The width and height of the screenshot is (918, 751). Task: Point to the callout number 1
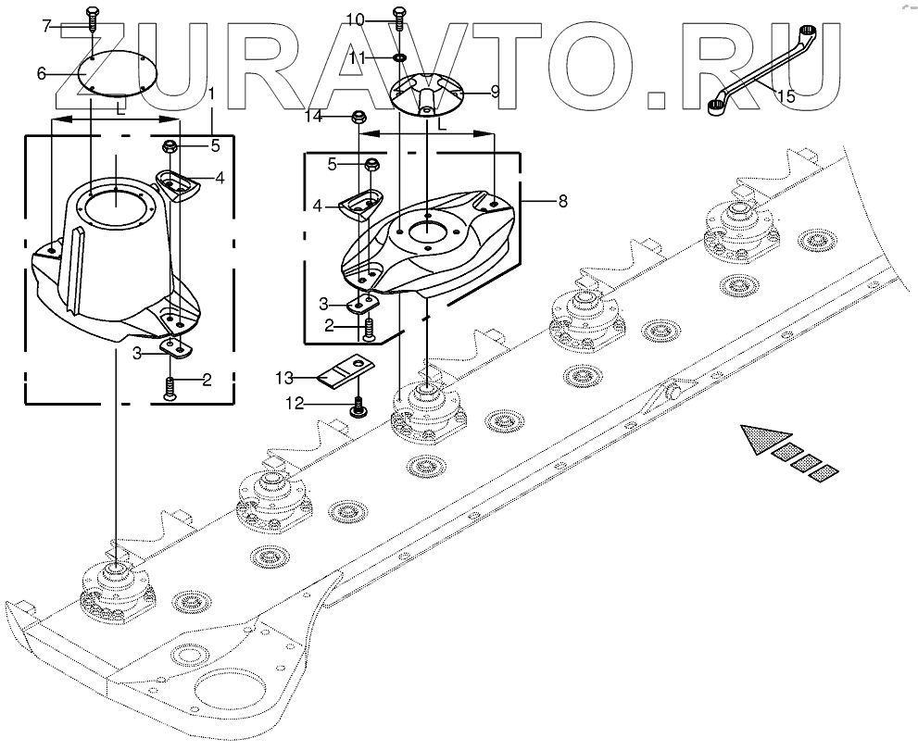[212, 94]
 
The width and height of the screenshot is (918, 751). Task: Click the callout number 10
[356, 19]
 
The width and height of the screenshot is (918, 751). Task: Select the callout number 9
[495, 92]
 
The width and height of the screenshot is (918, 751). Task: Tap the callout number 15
[786, 95]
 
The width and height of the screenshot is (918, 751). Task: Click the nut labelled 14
[358, 118]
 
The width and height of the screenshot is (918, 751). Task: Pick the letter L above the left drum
[121, 109]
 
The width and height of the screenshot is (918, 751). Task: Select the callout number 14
[314, 118]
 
